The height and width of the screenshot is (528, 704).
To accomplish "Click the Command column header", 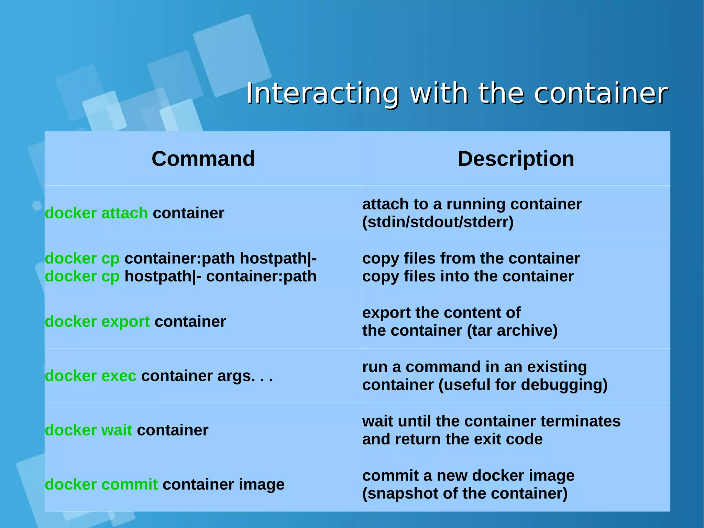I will coord(203,159).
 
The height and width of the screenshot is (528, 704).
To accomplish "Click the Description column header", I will coord(516,159).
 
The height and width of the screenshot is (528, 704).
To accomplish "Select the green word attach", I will coord(124,213).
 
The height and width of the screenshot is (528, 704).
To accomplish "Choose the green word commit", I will coord(130,484).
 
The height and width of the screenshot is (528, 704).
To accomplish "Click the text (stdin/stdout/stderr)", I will coord(438,222).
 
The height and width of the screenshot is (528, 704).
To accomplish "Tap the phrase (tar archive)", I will coord(512,331).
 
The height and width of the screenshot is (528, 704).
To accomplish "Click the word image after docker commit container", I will coord(262,484).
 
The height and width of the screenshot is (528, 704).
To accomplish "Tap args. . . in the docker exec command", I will coord(245,376).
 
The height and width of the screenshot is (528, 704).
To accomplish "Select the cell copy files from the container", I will coord(471,258).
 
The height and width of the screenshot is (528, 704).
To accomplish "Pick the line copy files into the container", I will coord(468,276).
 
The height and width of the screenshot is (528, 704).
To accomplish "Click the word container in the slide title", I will coord(601,94).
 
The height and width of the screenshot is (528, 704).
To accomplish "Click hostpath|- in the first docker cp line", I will coord(278,258).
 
